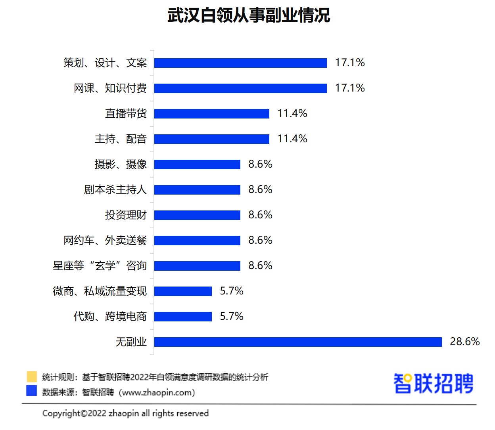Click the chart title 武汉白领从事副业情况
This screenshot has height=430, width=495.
coord(249,15)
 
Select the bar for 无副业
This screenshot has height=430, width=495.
coord(298,342)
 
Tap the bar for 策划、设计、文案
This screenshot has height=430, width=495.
coord(240,63)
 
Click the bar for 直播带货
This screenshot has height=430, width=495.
coord(212,114)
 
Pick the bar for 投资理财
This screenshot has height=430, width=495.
coord(197,215)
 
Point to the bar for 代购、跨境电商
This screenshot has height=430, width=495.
coord(183,317)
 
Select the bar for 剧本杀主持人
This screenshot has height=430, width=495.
coord(197,190)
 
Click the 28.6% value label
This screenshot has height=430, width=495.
coord(464,342)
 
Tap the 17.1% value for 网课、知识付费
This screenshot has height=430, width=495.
coord(349,88)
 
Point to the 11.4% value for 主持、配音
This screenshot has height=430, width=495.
coord(292,139)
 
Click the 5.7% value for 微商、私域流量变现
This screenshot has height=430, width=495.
coord(232,291)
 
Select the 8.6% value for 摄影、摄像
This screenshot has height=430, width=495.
coord(260,164)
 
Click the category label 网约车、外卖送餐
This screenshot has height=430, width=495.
coord(105,240)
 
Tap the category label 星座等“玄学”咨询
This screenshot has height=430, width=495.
coord(100,266)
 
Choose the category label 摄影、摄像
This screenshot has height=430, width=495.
coord(121,164)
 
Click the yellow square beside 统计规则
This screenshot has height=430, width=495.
coord(32,376)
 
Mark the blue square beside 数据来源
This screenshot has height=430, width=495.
coord(32,391)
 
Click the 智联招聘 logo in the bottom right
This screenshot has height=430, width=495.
coord(433,383)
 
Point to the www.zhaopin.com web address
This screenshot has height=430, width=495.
coord(157,392)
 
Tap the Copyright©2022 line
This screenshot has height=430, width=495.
coord(125,413)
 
